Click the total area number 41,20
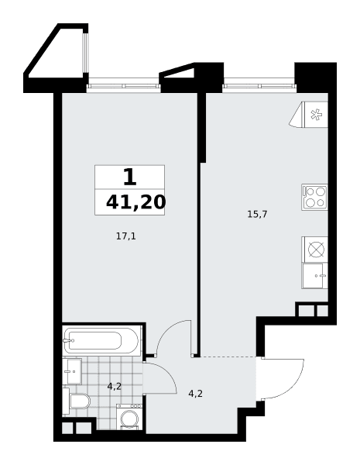(x=135, y=202)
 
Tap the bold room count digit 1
(x=130, y=177)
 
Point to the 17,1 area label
(x=126, y=236)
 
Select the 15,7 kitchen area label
(x=257, y=214)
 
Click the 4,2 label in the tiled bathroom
(x=115, y=387)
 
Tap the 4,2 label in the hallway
(x=196, y=394)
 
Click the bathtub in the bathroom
(x=101, y=340)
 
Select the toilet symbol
(x=76, y=401)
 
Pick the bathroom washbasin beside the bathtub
(x=72, y=371)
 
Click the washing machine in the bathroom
(x=129, y=417)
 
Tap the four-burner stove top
(x=314, y=197)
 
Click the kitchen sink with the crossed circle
(x=314, y=249)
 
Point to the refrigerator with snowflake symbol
(x=309, y=115)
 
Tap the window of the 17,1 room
(x=124, y=86)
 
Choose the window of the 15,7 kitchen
(x=260, y=86)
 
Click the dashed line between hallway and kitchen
(x=228, y=356)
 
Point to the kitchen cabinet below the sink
(x=314, y=276)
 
